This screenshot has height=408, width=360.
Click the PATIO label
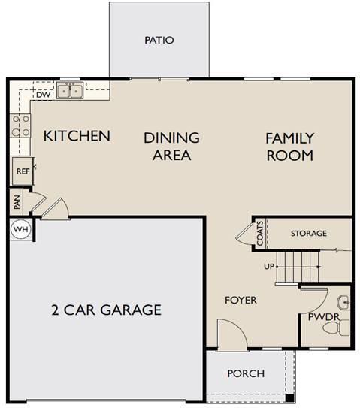(159, 40)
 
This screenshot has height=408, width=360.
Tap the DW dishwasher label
(43, 95)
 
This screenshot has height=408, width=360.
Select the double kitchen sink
(70, 90)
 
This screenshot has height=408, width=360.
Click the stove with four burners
(20, 126)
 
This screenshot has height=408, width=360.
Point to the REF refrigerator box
(23, 171)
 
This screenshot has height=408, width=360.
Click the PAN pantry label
(17, 202)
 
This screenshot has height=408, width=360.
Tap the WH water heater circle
(21, 229)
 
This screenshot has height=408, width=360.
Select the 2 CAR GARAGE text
(107, 310)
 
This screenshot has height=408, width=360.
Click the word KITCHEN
(77, 136)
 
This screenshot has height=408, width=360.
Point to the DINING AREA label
(172, 147)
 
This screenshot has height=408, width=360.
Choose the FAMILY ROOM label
(289, 147)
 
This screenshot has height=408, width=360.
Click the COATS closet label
(260, 234)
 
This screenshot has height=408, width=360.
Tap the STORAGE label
(309, 233)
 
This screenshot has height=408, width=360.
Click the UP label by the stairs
(269, 267)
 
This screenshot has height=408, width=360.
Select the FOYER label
(241, 300)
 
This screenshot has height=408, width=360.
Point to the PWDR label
(324, 317)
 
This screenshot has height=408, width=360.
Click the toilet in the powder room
(336, 328)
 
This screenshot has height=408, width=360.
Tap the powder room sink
(343, 302)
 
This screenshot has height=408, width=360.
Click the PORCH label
(246, 373)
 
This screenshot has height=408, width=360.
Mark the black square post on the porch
(289, 398)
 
